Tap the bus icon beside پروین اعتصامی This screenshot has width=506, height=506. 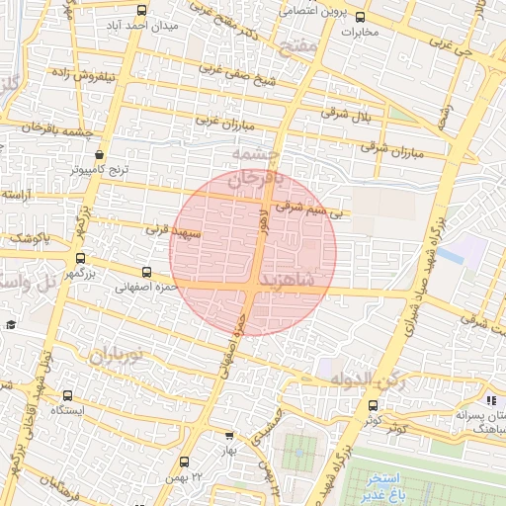(x=360, y=16)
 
